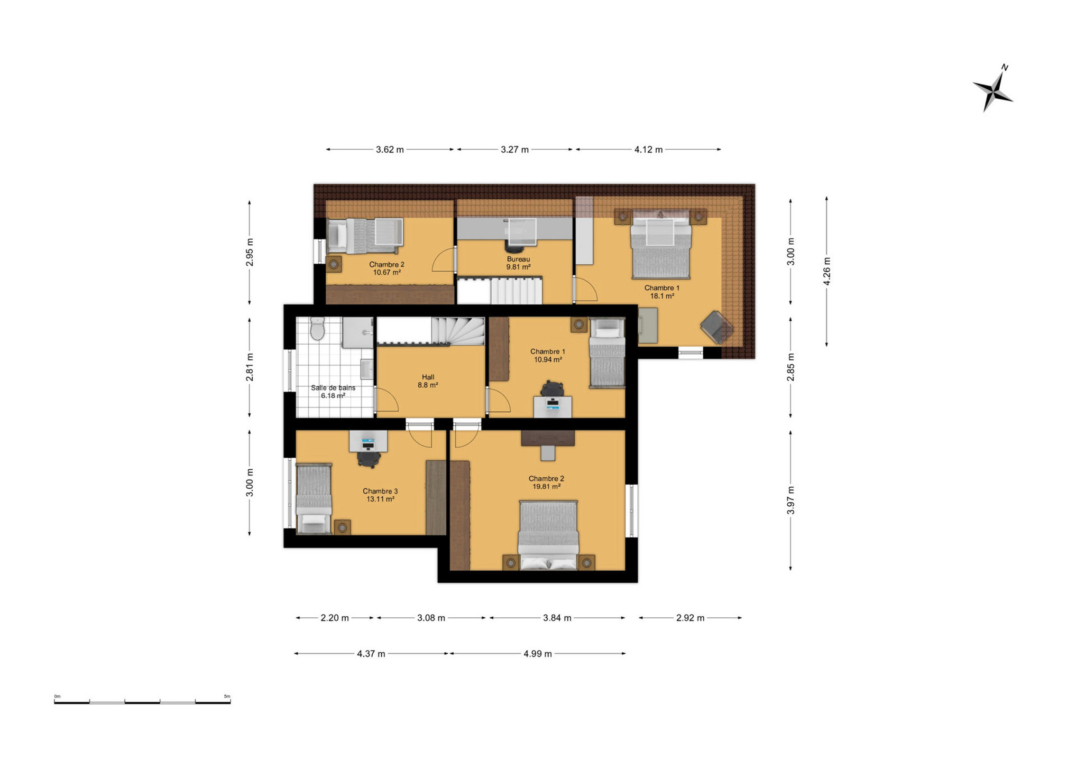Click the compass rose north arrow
click(x=992, y=89)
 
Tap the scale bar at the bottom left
click(x=142, y=701)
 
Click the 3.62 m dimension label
click(x=390, y=150)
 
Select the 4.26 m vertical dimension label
click(x=827, y=271)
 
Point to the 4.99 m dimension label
click(x=538, y=654)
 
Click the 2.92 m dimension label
click(x=690, y=618)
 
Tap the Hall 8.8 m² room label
click(x=428, y=381)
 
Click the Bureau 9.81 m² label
click(x=518, y=263)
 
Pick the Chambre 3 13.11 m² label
click(x=380, y=495)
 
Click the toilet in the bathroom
click(x=317, y=329)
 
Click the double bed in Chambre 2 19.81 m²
click(x=548, y=535)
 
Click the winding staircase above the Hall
click(x=458, y=331)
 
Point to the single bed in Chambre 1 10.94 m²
click(x=607, y=352)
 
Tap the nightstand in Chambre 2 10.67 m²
click(x=334, y=264)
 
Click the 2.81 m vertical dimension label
click(x=250, y=367)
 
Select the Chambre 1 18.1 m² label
click(x=662, y=292)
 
